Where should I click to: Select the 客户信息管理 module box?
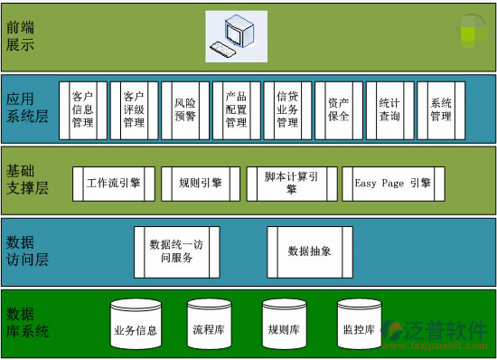[82, 110]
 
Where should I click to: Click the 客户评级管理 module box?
[134, 110]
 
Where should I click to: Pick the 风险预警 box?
[185, 110]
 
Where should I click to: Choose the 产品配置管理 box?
[237, 110]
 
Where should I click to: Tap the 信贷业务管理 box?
[287, 110]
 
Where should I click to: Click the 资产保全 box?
[339, 110]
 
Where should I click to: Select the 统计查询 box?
[390, 110]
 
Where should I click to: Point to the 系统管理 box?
[441, 110]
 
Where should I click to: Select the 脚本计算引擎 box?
[291, 184]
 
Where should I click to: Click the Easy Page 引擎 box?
[392, 184]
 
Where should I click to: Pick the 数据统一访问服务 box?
[177, 251]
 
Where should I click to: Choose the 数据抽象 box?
[309, 251]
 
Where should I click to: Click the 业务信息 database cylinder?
[135, 327]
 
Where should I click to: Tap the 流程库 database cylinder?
[209, 327]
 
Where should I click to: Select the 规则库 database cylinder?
[284, 327]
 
